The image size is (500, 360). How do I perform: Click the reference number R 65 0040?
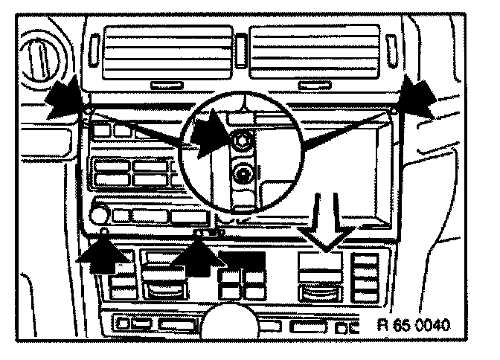coord(414,325)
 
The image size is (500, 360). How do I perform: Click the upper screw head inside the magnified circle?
coord(241,139)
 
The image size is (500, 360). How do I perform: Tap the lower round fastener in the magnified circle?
coord(242,175)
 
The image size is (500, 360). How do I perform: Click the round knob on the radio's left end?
coord(99,216)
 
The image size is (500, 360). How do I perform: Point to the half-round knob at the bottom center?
coord(224,321)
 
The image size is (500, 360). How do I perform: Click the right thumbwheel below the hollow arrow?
coord(321,287)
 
